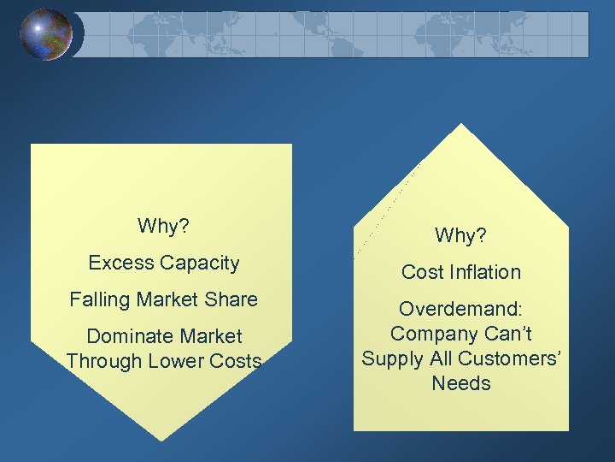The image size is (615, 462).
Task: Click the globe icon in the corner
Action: click(x=47, y=34)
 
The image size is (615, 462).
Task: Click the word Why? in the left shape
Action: click(x=163, y=227)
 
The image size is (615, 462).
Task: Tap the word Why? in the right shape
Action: click(x=460, y=234)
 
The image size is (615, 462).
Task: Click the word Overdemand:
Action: click(x=460, y=310)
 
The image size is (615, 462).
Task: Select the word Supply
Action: click(x=392, y=358)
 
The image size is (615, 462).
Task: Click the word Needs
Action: click(x=461, y=382)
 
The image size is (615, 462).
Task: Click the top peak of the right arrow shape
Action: click(x=461, y=125)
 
